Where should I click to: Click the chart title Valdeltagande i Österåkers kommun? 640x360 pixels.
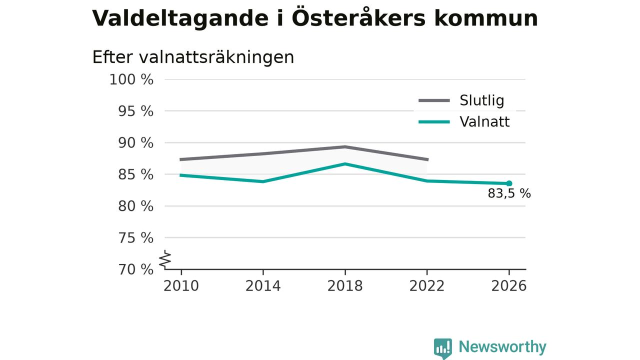click(x=315, y=18)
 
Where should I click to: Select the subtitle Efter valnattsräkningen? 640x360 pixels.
click(x=193, y=57)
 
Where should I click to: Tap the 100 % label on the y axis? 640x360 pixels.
click(x=131, y=79)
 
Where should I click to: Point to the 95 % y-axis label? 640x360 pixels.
click(x=135, y=111)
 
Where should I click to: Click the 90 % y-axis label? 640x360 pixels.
click(x=135, y=143)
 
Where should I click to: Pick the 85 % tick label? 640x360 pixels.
click(x=135, y=174)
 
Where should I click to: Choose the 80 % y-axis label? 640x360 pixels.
click(x=135, y=206)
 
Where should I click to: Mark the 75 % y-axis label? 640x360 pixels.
click(x=135, y=237)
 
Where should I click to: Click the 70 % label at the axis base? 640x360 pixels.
click(x=135, y=269)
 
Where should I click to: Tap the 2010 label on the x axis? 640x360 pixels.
click(x=181, y=286)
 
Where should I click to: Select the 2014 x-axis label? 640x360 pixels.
click(x=263, y=286)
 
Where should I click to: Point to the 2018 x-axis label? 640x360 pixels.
click(x=345, y=286)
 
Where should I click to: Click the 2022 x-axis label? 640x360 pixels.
click(x=427, y=286)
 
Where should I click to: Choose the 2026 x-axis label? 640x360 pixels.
click(x=508, y=286)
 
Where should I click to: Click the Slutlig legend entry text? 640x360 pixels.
click(x=482, y=100)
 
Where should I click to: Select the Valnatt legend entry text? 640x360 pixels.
click(x=484, y=122)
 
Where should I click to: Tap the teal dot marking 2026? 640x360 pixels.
click(x=509, y=183)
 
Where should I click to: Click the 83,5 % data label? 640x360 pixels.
click(x=509, y=193)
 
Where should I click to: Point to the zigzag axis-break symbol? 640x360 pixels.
click(x=165, y=259)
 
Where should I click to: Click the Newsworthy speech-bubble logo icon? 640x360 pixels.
click(x=443, y=348)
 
